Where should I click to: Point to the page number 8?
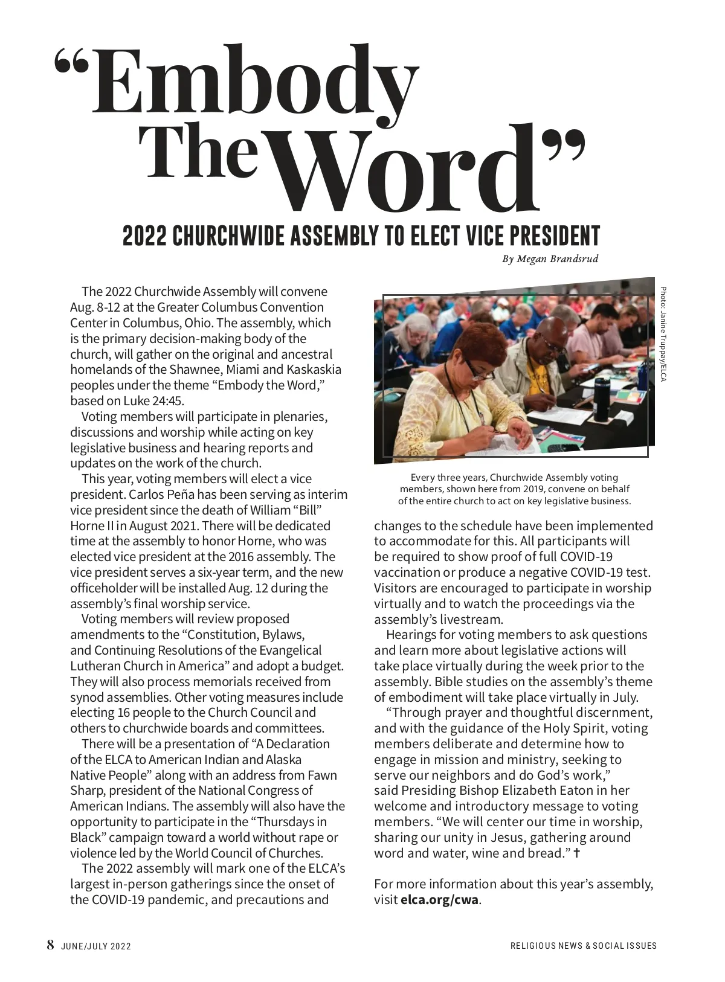tap(51, 945)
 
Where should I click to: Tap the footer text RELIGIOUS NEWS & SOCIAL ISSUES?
tap(583, 946)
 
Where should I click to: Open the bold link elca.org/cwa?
tap(439, 900)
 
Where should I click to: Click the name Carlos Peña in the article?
tap(160, 495)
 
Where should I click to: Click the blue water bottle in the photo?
tap(643, 374)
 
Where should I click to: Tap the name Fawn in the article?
tap(322, 775)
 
